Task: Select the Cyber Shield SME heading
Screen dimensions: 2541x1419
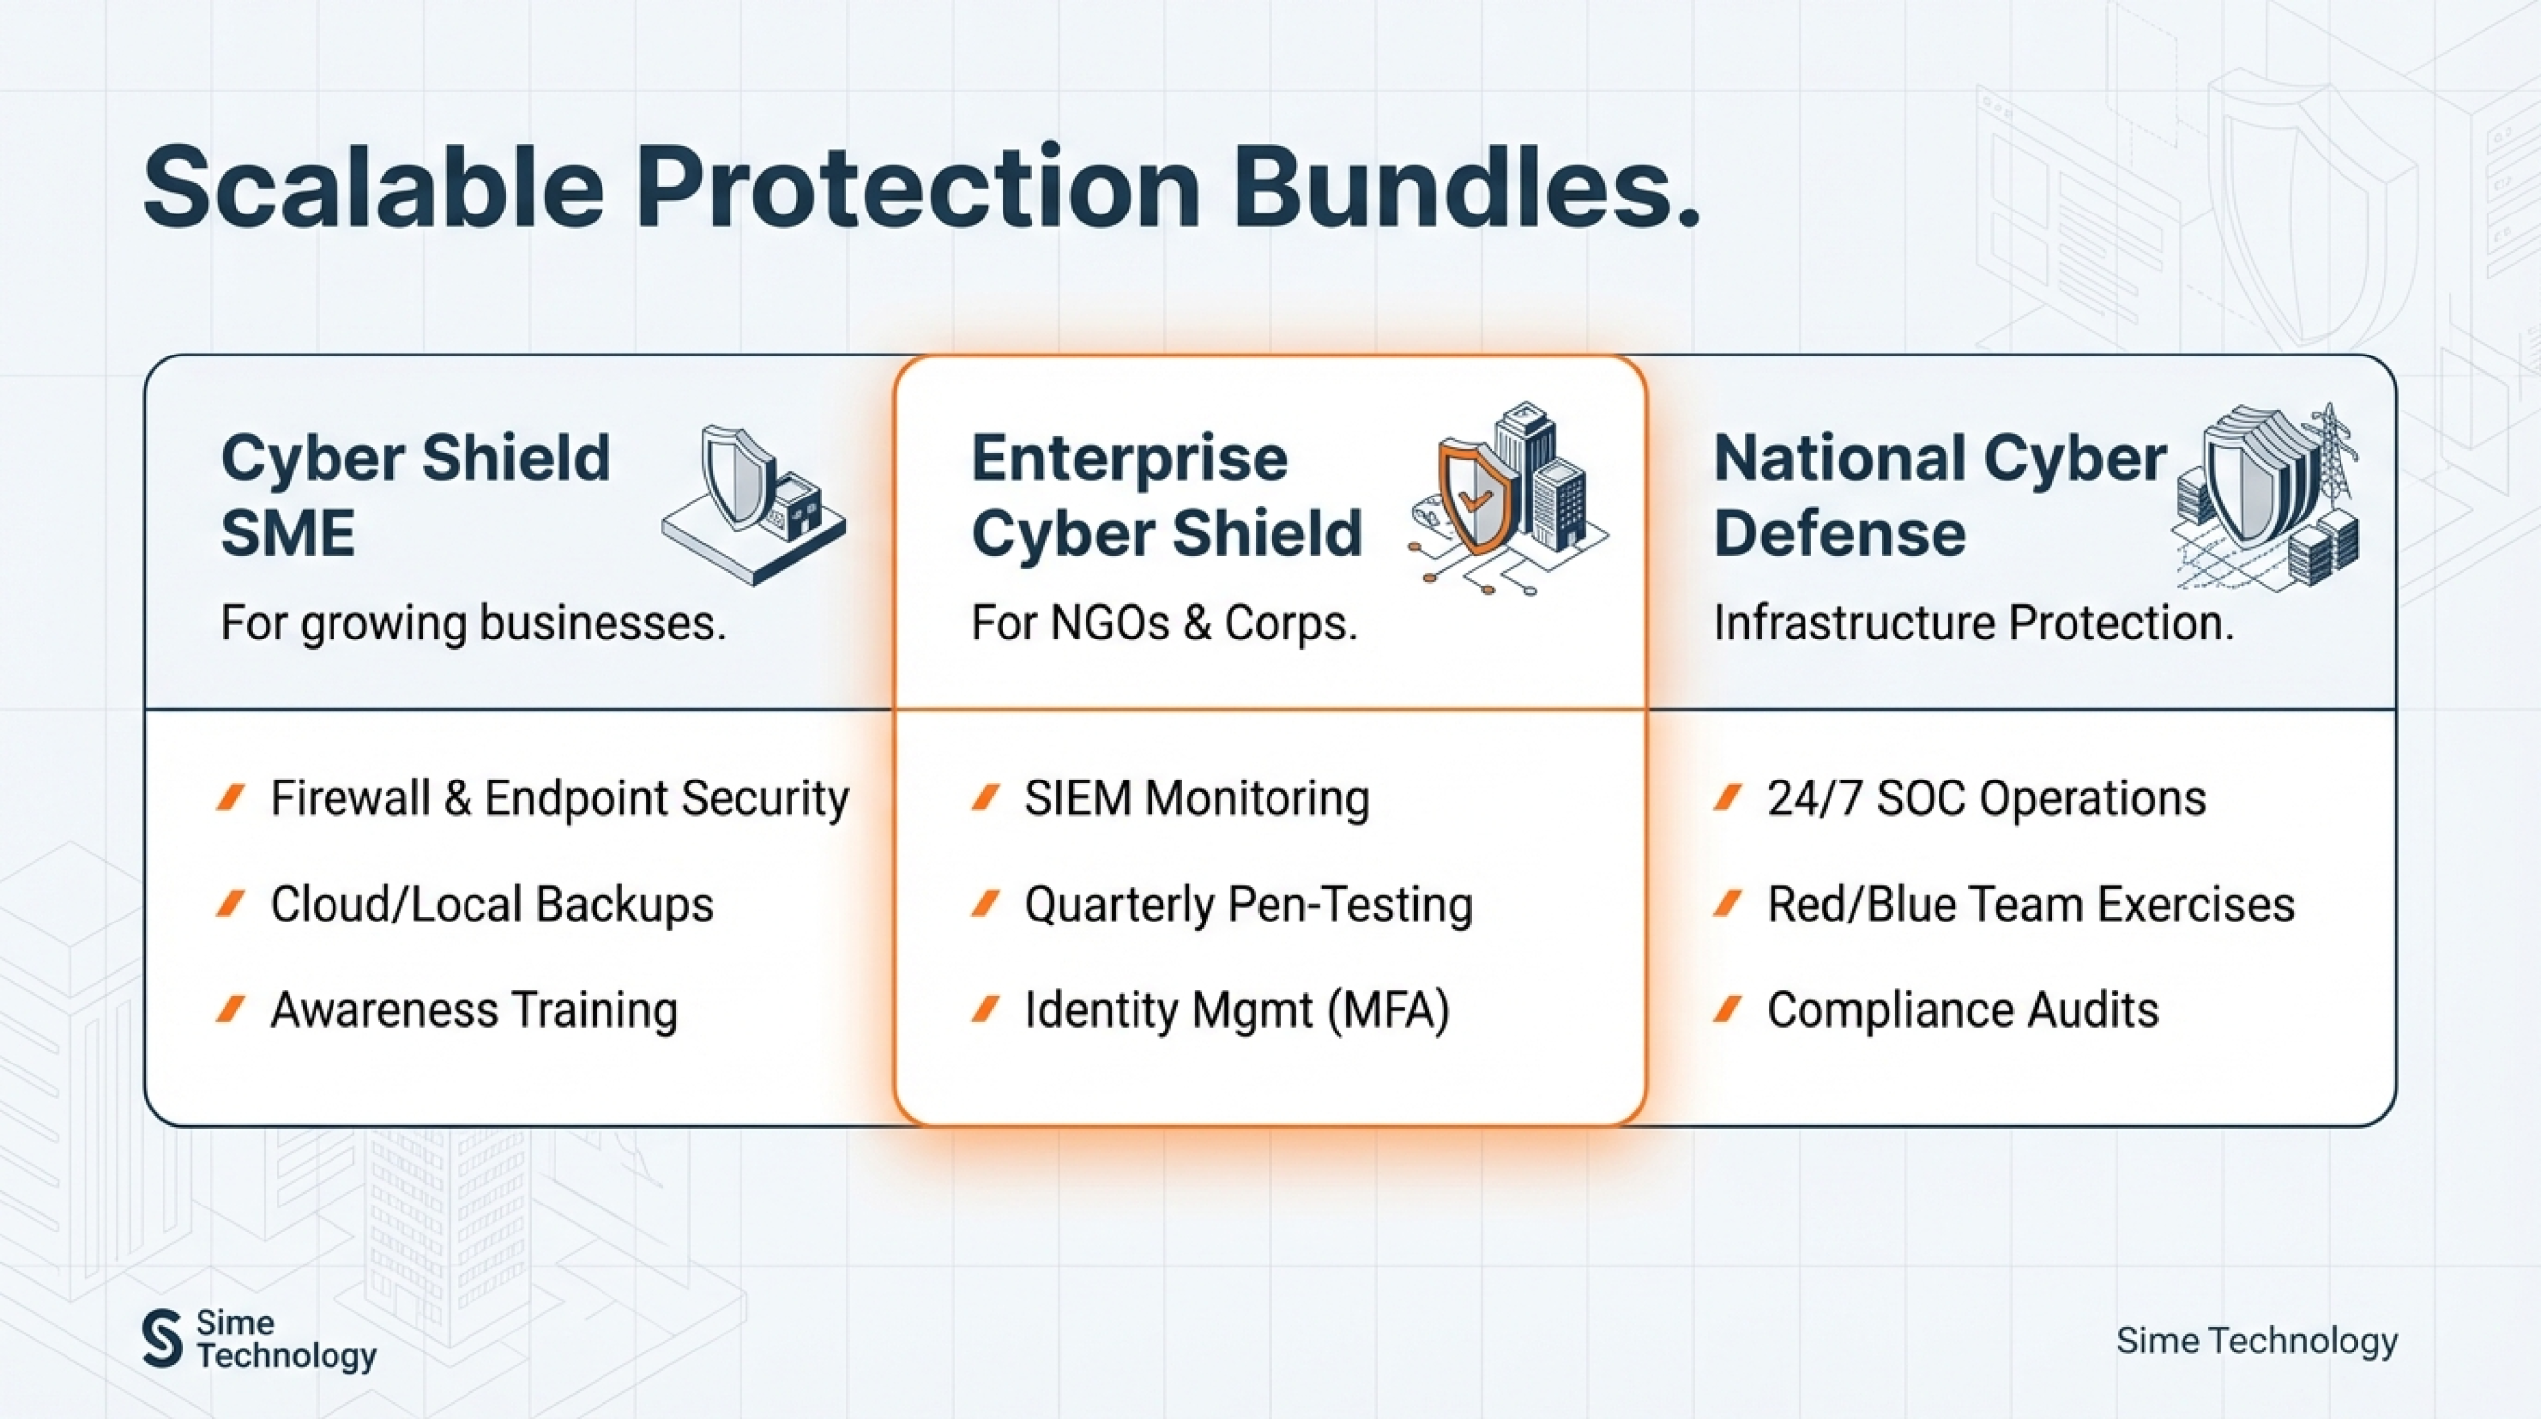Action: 416,495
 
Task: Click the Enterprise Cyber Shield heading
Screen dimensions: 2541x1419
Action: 1166,495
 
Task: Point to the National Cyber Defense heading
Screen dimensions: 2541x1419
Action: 1940,495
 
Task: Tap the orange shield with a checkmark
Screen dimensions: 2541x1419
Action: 1477,497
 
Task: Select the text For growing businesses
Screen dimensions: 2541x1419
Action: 473,624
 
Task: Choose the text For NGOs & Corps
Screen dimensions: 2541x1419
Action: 1164,624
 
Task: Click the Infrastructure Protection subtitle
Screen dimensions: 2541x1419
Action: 1974,624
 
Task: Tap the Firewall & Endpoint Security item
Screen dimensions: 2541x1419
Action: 560,799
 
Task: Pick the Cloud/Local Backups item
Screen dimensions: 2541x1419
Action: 491,905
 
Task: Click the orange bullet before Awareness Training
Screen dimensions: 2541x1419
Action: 230,1010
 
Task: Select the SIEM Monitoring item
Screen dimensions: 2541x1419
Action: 1197,799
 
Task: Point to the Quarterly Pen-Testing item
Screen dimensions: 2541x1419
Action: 1249,905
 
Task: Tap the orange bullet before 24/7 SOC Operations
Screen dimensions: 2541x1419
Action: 1728,798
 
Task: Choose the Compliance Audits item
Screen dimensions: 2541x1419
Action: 1962,1011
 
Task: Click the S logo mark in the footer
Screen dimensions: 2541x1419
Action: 162,1338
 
